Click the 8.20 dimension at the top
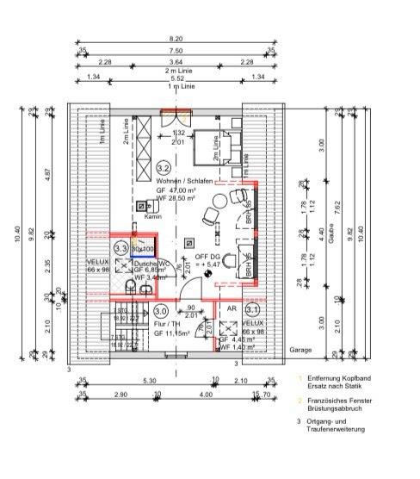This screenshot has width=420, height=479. (x=176, y=39)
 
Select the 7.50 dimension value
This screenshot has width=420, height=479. (x=176, y=50)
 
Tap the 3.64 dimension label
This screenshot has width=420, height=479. (x=176, y=61)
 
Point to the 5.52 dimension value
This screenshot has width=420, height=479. (x=176, y=78)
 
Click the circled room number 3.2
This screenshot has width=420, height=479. (x=164, y=167)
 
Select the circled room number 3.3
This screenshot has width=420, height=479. (x=120, y=248)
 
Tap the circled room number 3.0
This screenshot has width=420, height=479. (x=161, y=311)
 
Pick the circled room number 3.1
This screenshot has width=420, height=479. (x=253, y=308)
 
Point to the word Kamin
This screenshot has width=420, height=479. (x=153, y=217)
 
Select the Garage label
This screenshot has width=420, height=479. (x=276, y=351)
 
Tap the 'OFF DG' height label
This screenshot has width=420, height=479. (x=207, y=257)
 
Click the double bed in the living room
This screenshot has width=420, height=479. (x=213, y=145)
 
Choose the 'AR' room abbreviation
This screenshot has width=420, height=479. (x=230, y=308)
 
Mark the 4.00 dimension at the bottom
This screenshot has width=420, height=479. (x=205, y=395)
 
